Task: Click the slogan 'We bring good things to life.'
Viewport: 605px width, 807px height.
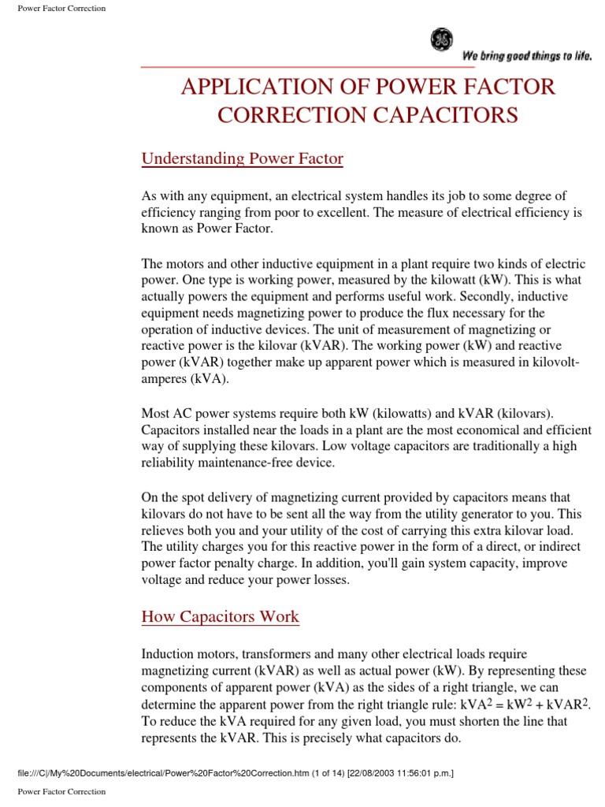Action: pyautogui.click(x=527, y=55)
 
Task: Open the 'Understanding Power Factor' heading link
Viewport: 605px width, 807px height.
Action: pyautogui.click(x=242, y=158)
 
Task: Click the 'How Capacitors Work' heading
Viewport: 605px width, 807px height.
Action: pyautogui.click(x=220, y=616)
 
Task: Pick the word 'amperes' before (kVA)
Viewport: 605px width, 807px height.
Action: pyautogui.click(x=169, y=379)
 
